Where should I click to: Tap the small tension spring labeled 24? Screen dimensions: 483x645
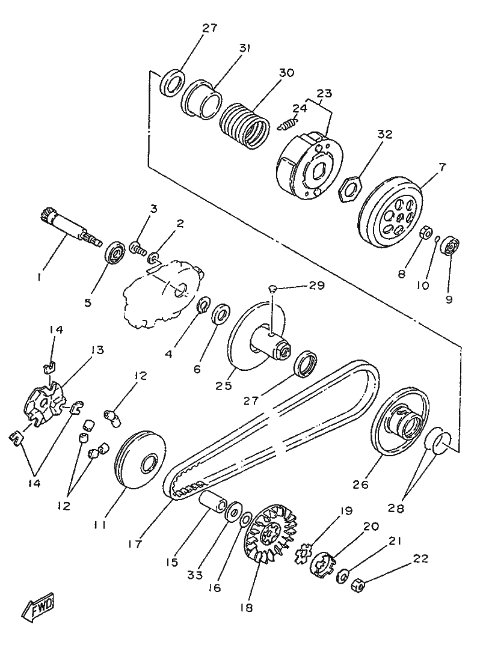pyautogui.click(x=288, y=124)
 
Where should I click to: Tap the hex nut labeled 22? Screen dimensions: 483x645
pyautogui.click(x=358, y=585)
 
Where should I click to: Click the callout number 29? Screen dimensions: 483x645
pyautogui.click(x=316, y=285)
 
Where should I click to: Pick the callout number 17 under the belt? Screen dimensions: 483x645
pyautogui.click(x=135, y=544)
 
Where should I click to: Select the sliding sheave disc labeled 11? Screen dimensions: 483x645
pyautogui.click(x=140, y=459)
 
